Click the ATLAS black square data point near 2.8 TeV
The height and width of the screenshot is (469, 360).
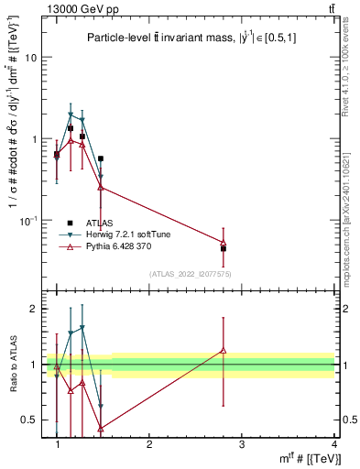coord(224,248)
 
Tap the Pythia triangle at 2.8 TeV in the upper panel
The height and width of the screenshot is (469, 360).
coord(224,242)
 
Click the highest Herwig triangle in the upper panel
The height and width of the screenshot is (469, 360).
coord(71,115)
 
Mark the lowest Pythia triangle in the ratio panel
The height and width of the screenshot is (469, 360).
coord(100,428)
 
